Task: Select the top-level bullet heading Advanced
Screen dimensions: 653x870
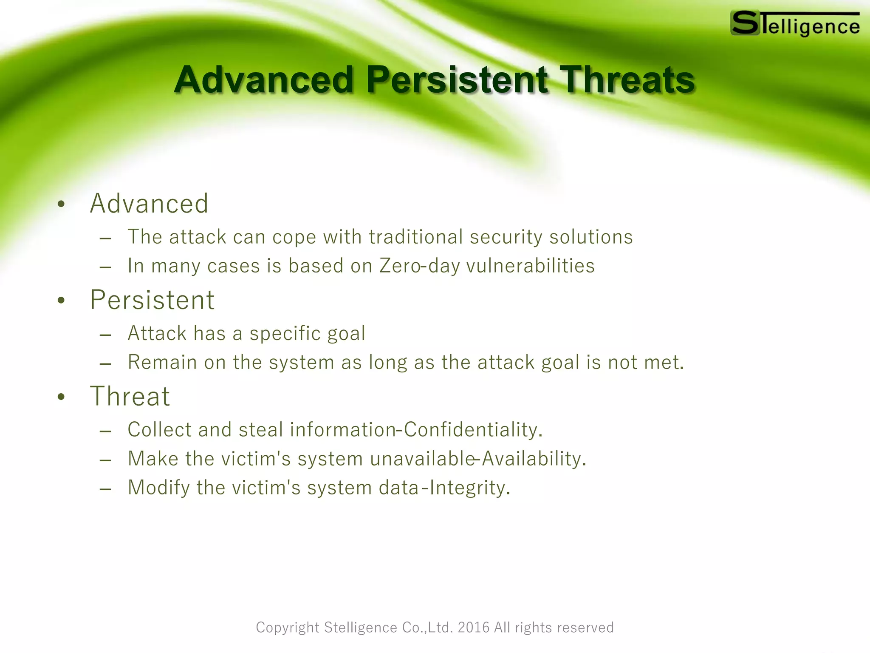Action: point(149,204)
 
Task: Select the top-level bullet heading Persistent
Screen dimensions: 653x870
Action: point(152,300)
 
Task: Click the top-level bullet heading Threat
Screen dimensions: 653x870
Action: point(130,396)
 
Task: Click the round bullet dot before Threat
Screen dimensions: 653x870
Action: point(62,397)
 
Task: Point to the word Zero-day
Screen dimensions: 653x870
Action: point(419,266)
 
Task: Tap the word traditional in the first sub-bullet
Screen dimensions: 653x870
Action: point(416,237)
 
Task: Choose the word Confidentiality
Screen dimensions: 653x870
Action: point(472,430)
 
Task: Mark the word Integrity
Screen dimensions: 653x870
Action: point(469,488)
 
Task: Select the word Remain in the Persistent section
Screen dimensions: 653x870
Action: point(162,363)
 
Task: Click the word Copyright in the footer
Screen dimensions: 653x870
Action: point(287,627)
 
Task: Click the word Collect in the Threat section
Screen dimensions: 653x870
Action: point(159,430)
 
